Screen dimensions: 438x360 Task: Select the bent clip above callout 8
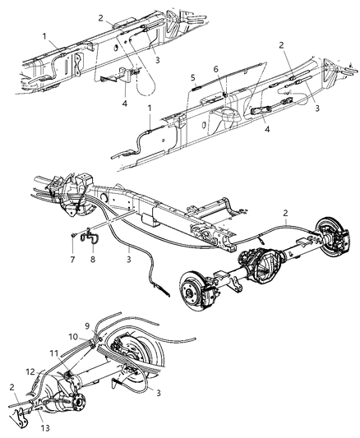92,237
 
